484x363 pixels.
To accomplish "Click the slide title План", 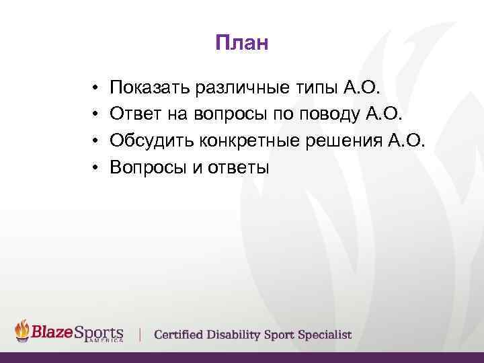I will click(242, 44).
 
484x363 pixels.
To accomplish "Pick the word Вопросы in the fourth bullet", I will click(148, 168).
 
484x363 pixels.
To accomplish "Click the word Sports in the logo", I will click(99, 333).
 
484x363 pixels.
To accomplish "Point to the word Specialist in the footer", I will click(325, 335).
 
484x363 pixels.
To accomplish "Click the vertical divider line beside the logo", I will click(140, 334).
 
